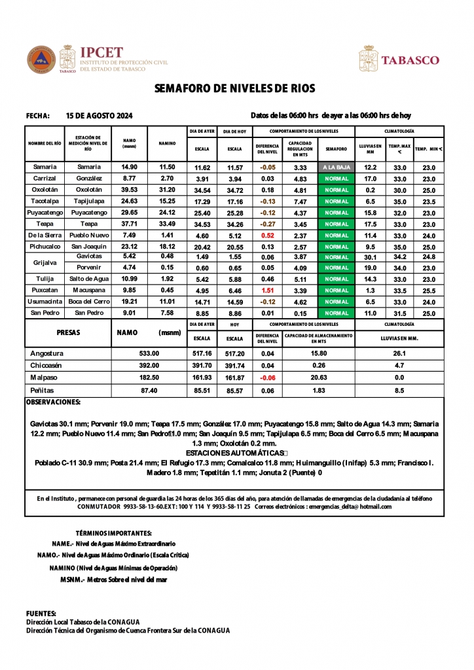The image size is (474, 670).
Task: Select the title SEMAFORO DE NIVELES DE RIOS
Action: pyautogui.click(x=234, y=89)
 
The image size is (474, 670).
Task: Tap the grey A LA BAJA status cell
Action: pyautogui.click(x=337, y=167)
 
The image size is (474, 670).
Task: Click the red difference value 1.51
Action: pyautogui.click(x=267, y=291)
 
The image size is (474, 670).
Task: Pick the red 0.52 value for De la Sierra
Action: pyautogui.click(x=267, y=235)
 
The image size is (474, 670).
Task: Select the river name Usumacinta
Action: pyautogui.click(x=45, y=302)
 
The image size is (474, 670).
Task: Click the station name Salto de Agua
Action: pyautogui.click(x=88, y=279)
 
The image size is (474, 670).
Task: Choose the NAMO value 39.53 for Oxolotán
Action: pyautogui.click(x=129, y=190)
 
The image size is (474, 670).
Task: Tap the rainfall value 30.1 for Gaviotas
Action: pyautogui.click(x=370, y=257)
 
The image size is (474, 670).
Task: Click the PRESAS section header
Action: pyautogui.click(x=68, y=332)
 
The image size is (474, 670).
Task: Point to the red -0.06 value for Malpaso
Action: pyautogui.click(x=267, y=378)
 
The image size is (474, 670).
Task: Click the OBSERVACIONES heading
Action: pyautogui.click(x=53, y=402)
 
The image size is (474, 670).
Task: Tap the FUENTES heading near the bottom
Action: pyautogui.click(x=41, y=613)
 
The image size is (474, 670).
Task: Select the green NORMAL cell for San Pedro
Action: pyautogui.click(x=337, y=313)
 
